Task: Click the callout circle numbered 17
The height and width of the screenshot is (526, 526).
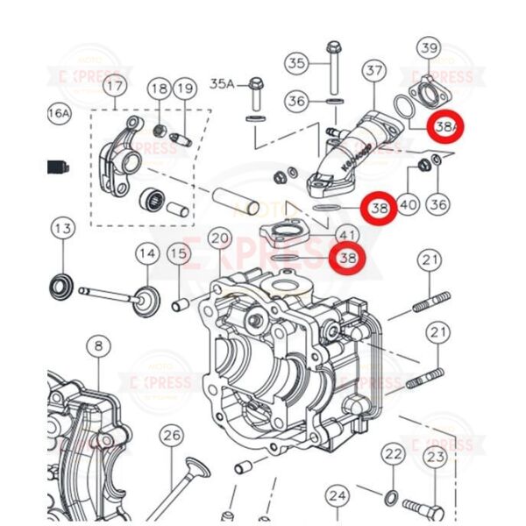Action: (115, 87)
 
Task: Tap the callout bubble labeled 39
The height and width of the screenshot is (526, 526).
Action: (429, 47)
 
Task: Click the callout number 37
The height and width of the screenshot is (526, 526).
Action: (374, 69)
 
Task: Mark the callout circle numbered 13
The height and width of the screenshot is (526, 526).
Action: (62, 229)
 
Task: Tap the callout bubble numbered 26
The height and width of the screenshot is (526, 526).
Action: (171, 435)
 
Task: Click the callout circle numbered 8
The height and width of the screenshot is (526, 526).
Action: (98, 346)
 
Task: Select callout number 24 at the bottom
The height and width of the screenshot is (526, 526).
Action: (338, 496)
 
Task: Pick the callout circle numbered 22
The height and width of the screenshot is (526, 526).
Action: (394, 454)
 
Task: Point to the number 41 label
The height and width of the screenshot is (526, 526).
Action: (348, 235)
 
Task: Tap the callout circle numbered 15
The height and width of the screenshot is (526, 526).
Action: (179, 255)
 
